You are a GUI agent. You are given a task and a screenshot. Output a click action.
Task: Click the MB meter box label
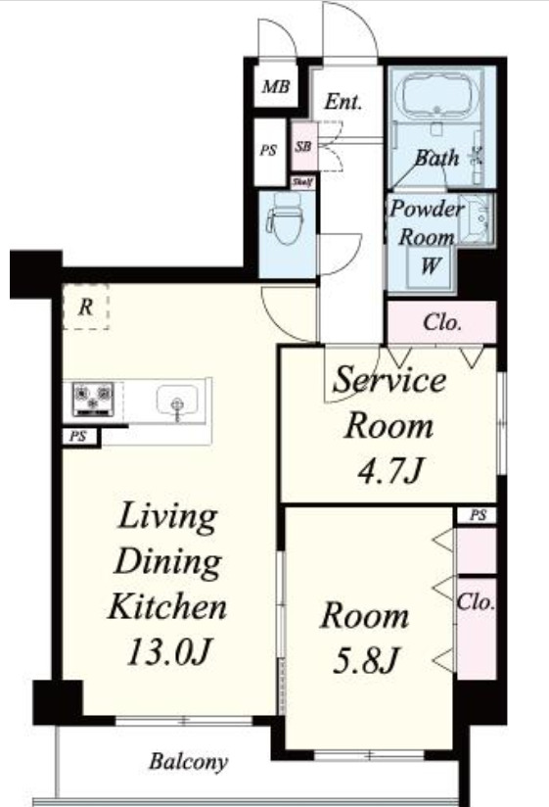pyautogui.click(x=276, y=86)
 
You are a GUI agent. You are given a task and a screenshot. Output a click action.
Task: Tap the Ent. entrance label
pyautogui.click(x=343, y=101)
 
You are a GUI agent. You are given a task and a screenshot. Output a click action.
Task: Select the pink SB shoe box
pyautogui.click(x=303, y=146)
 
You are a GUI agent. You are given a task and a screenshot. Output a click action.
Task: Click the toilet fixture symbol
pyautogui.click(x=287, y=219)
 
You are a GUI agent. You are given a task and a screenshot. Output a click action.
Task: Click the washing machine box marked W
pyautogui.click(x=429, y=266)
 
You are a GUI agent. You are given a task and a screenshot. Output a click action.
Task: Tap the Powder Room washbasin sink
pyautogui.click(x=476, y=218)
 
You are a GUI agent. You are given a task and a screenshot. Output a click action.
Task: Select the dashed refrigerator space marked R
pyautogui.click(x=85, y=307)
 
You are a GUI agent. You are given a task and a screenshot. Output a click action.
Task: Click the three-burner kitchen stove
pyautogui.click(x=93, y=399)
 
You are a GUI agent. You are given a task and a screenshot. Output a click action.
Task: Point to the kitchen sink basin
pyautogui.click(x=177, y=400)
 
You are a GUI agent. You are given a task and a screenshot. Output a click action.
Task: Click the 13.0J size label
pyautogui.click(x=169, y=652)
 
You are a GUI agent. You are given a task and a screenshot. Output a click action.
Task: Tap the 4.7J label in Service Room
pyautogui.click(x=390, y=470)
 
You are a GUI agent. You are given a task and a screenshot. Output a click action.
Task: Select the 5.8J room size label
pyautogui.click(x=366, y=660)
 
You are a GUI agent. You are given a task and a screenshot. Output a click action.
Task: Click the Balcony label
pyautogui.click(x=188, y=762)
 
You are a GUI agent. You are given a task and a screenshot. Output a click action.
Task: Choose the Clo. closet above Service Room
pyautogui.click(x=441, y=322)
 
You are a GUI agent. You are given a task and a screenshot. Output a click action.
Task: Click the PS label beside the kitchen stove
pyautogui.click(x=77, y=437)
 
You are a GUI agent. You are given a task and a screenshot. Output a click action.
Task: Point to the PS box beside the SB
pyautogui.click(x=270, y=152)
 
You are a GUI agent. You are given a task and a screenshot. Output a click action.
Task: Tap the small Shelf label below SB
pyautogui.click(x=302, y=182)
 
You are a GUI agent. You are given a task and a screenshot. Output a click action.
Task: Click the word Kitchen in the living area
pyautogui.click(x=168, y=607)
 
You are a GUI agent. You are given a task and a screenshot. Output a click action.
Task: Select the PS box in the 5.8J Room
pyautogui.click(x=476, y=515)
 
